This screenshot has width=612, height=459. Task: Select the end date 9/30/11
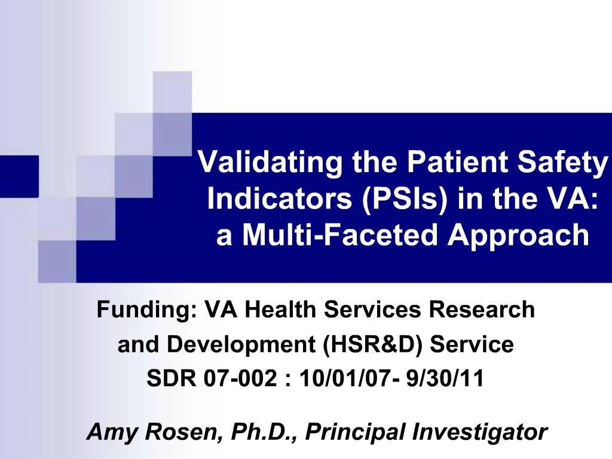pos(443,380)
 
